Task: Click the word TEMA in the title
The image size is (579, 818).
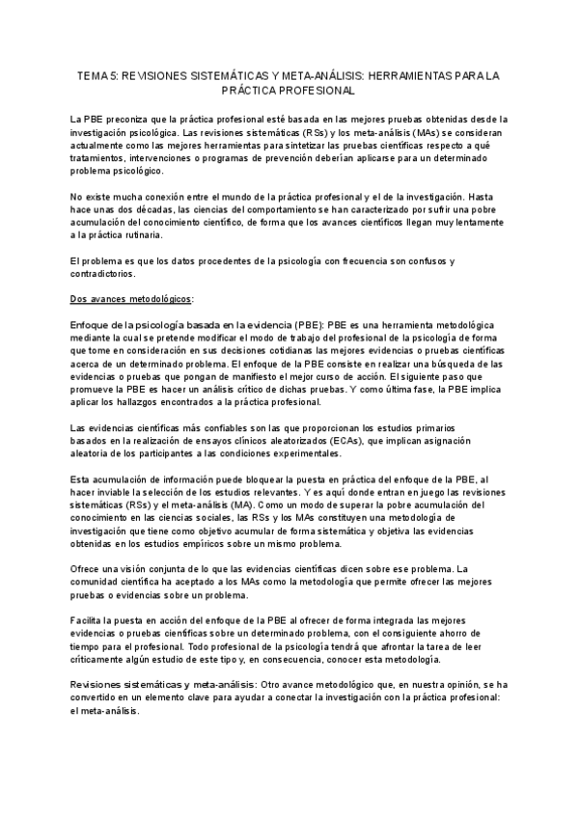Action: pos(92,75)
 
